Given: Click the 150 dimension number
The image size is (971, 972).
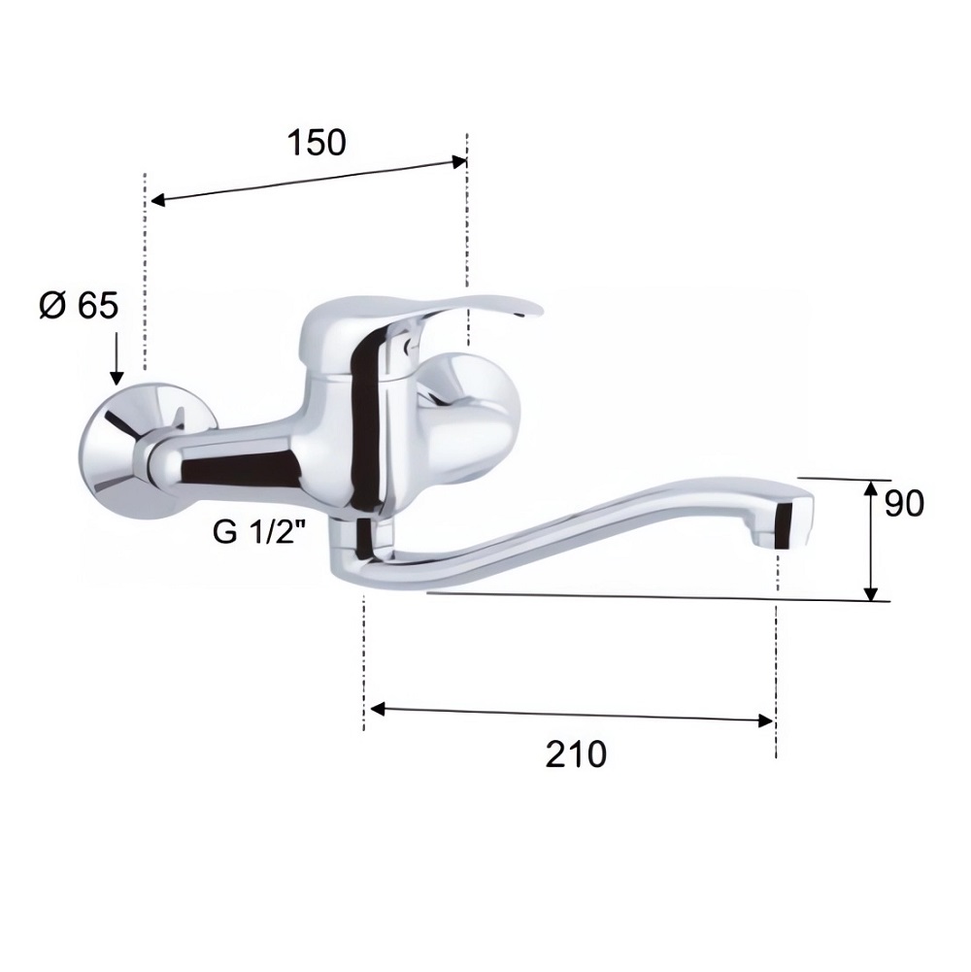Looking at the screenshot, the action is pyautogui.click(x=317, y=143).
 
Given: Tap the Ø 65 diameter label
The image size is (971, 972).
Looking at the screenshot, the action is pyautogui.click(x=79, y=306).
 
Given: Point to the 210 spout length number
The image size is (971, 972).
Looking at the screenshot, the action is pyautogui.click(x=576, y=754).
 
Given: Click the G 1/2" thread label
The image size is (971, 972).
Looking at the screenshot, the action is pyautogui.click(x=260, y=531).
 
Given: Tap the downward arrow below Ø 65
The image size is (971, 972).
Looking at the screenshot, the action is pyautogui.click(x=117, y=359).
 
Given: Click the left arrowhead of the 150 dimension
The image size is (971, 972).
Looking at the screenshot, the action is pyautogui.click(x=157, y=200).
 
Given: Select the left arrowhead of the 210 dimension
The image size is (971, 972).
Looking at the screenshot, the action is pyautogui.click(x=377, y=709).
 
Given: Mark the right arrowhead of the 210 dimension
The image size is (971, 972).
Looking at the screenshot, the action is pyautogui.click(x=766, y=721).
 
